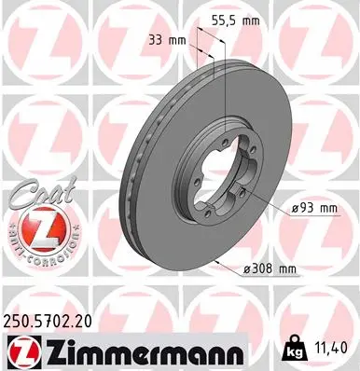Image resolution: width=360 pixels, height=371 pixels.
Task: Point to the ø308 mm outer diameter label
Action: pos(270,269)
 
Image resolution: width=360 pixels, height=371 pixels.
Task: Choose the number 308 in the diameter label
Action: pos(263,269)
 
